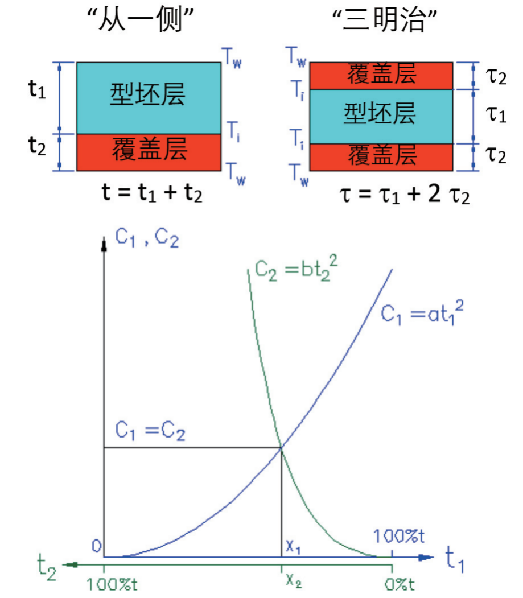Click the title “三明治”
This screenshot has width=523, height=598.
click(x=385, y=19)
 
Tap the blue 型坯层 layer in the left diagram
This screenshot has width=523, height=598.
click(x=149, y=98)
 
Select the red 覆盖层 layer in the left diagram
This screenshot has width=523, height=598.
click(x=149, y=152)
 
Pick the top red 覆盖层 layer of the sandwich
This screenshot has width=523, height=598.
click(x=381, y=76)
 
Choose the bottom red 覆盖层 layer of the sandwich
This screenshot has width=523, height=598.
click(x=381, y=157)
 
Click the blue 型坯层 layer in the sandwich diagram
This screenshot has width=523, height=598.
click(x=381, y=117)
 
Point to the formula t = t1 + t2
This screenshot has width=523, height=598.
click(x=152, y=192)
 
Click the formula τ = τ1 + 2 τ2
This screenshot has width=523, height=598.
click(x=405, y=195)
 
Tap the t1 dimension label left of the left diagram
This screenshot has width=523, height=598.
click(x=37, y=90)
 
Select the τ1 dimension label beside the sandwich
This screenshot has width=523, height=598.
click(x=496, y=114)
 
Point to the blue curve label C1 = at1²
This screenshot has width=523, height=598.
click(x=422, y=313)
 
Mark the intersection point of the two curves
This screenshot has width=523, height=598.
click(x=282, y=448)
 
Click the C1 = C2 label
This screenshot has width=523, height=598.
click(x=150, y=431)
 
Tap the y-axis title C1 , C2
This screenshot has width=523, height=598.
click(x=147, y=238)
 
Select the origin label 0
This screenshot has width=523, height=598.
click(x=97, y=546)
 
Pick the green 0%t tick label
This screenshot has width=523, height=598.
click(x=399, y=584)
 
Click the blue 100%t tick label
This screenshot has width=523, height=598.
click(x=398, y=536)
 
